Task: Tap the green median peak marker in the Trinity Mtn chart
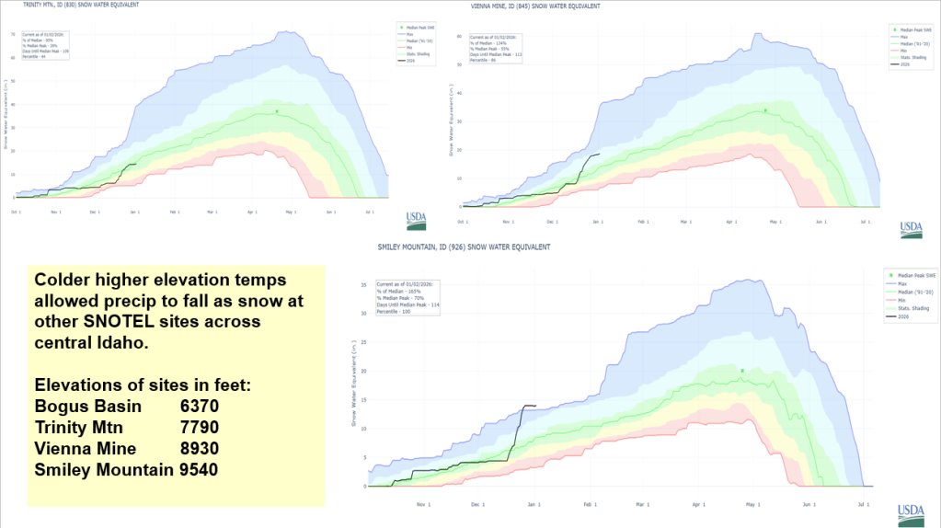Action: [x=277, y=111]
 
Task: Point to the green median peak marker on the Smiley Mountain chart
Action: [x=741, y=371]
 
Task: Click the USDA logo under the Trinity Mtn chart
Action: [x=416, y=221]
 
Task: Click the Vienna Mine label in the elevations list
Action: [x=86, y=448]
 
